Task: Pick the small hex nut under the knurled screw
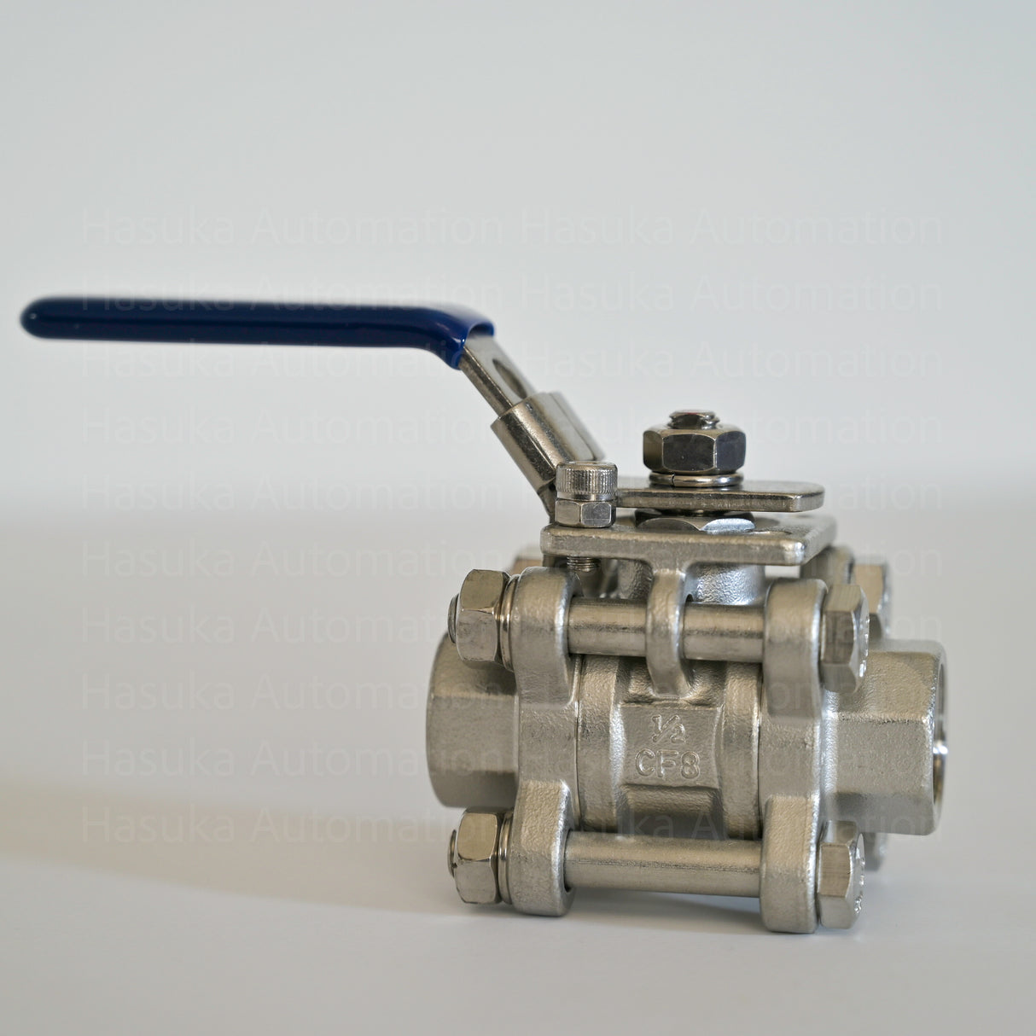click(x=584, y=512)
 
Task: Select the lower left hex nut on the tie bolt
click(x=477, y=855)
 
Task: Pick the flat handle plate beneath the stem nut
click(x=768, y=495)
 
